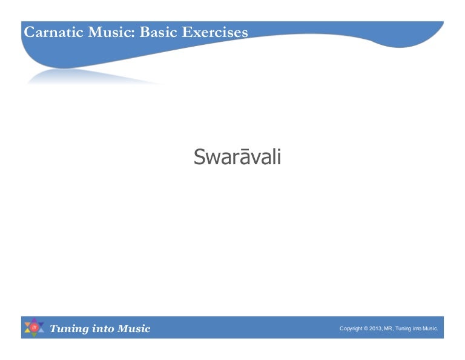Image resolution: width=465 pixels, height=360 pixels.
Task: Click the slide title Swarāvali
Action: [237, 157]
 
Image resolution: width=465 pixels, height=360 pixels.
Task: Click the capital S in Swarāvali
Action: [199, 158]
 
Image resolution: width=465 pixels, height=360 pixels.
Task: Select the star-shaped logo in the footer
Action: [34, 328]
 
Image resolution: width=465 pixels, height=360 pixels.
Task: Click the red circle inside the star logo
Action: [34, 328]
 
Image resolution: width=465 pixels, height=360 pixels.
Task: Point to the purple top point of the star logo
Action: [34, 320]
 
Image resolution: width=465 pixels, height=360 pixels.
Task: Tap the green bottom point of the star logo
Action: [34, 336]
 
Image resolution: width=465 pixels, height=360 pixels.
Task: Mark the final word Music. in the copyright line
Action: [430, 328]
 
